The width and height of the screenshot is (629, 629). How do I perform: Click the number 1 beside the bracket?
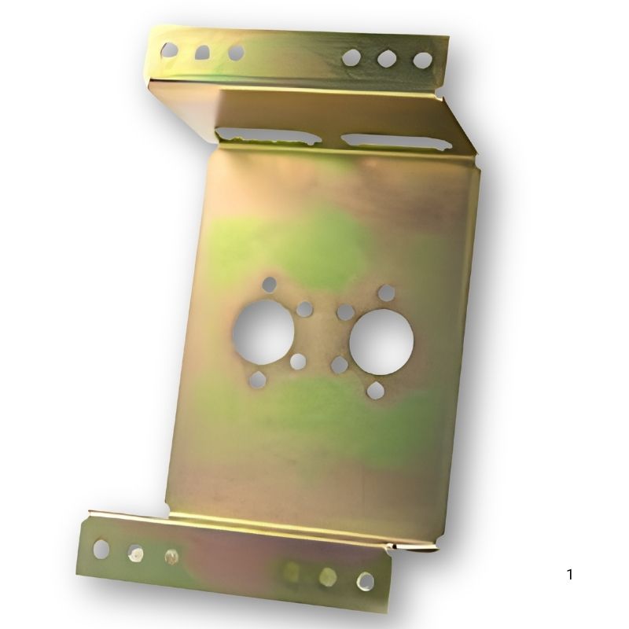569,575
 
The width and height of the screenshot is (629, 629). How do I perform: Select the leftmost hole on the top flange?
169,50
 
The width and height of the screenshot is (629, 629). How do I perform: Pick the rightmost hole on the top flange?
423,61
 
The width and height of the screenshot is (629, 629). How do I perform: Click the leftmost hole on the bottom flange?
101,549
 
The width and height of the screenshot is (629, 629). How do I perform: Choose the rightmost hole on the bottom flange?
366,581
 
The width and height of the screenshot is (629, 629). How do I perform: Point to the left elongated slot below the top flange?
268,135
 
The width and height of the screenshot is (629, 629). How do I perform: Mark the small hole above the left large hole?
270,285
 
